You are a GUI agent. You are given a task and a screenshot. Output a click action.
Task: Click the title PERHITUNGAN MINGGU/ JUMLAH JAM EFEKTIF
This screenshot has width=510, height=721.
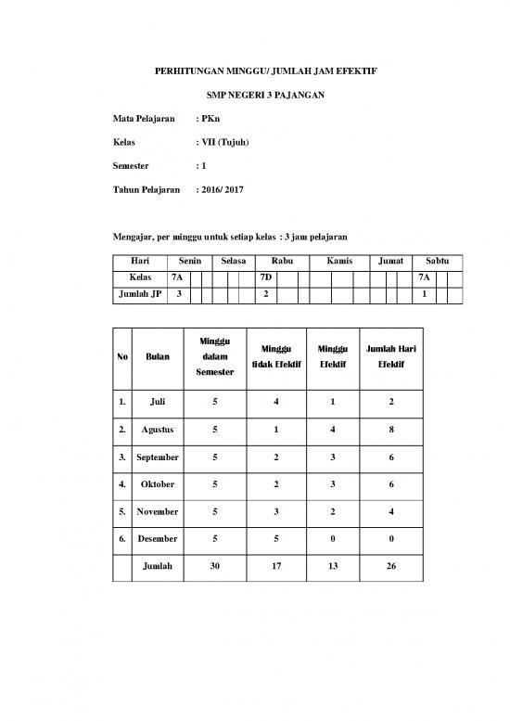[x=255, y=71]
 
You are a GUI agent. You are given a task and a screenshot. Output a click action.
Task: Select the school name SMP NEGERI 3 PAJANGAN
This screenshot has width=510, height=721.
[x=255, y=96]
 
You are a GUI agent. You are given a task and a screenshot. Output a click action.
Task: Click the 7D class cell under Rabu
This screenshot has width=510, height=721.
[x=266, y=277]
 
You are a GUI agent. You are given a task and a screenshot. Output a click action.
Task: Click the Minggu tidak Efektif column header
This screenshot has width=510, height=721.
[x=276, y=357]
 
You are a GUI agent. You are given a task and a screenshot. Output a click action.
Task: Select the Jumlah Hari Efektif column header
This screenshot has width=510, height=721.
[x=390, y=357]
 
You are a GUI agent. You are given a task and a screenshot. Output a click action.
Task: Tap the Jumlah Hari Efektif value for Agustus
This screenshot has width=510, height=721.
[x=390, y=431]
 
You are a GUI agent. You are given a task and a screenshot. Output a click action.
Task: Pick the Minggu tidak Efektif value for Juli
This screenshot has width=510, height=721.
[x=276, y=404]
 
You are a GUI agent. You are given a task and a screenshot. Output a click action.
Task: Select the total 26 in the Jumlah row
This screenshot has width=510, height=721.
[x=390, y=565]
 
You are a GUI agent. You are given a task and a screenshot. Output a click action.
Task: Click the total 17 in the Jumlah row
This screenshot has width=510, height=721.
[x=276, y=565]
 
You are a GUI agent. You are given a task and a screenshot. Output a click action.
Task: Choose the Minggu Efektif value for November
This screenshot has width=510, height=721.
[x=333, y=511]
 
